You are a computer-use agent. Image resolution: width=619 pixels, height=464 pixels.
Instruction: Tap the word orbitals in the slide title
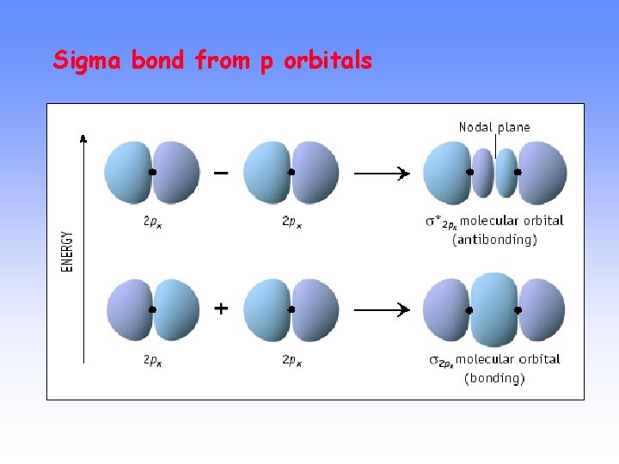point(328,61)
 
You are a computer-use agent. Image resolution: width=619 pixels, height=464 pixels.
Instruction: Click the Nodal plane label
point(494,127)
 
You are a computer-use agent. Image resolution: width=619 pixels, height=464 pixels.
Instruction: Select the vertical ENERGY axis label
point(67,250)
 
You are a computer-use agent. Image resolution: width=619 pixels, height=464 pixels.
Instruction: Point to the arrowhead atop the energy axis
point(83,137)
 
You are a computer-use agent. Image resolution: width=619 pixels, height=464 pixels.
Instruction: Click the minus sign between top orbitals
point(221,173)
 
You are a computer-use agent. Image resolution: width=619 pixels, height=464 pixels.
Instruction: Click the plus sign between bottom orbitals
point(221,308)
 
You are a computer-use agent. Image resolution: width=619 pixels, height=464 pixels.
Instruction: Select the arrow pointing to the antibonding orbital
point(382,173)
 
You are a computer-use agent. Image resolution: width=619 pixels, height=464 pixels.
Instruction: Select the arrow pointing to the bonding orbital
point(382,308)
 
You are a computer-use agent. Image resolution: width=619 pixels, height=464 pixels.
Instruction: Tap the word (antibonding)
point(494,240)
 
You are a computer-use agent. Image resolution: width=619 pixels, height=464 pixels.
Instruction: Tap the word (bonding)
point(494,377)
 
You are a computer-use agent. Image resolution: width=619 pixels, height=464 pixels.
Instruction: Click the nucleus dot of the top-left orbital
point(152,172)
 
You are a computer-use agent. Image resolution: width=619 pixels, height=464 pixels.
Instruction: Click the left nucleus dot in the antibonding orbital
point(469,172)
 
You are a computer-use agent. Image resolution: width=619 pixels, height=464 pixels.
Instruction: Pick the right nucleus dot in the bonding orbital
point(518,309)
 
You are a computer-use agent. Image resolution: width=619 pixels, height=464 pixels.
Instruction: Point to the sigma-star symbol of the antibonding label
point(434,221)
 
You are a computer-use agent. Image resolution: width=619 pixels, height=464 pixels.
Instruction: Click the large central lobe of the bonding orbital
point(493,309)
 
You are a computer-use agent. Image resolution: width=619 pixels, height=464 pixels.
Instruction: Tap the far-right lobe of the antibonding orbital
point(543,172)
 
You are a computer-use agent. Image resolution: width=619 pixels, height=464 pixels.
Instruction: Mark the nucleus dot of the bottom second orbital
point(291,309)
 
